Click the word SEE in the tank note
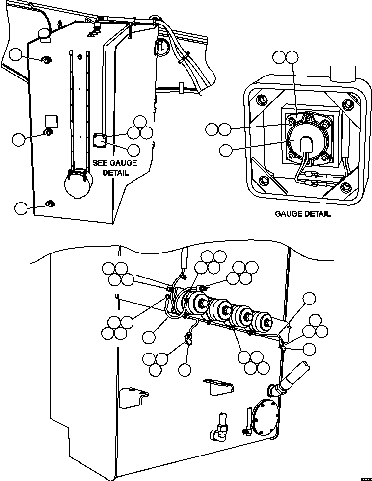[x=102, y=163]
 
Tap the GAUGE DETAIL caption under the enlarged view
[x=302, y=214]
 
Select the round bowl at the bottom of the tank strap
[x=78, y=185]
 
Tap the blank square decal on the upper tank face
[x=51, y=120]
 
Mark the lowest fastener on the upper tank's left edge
[x=49, y=203]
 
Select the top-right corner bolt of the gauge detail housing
[x=349, y=103]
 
